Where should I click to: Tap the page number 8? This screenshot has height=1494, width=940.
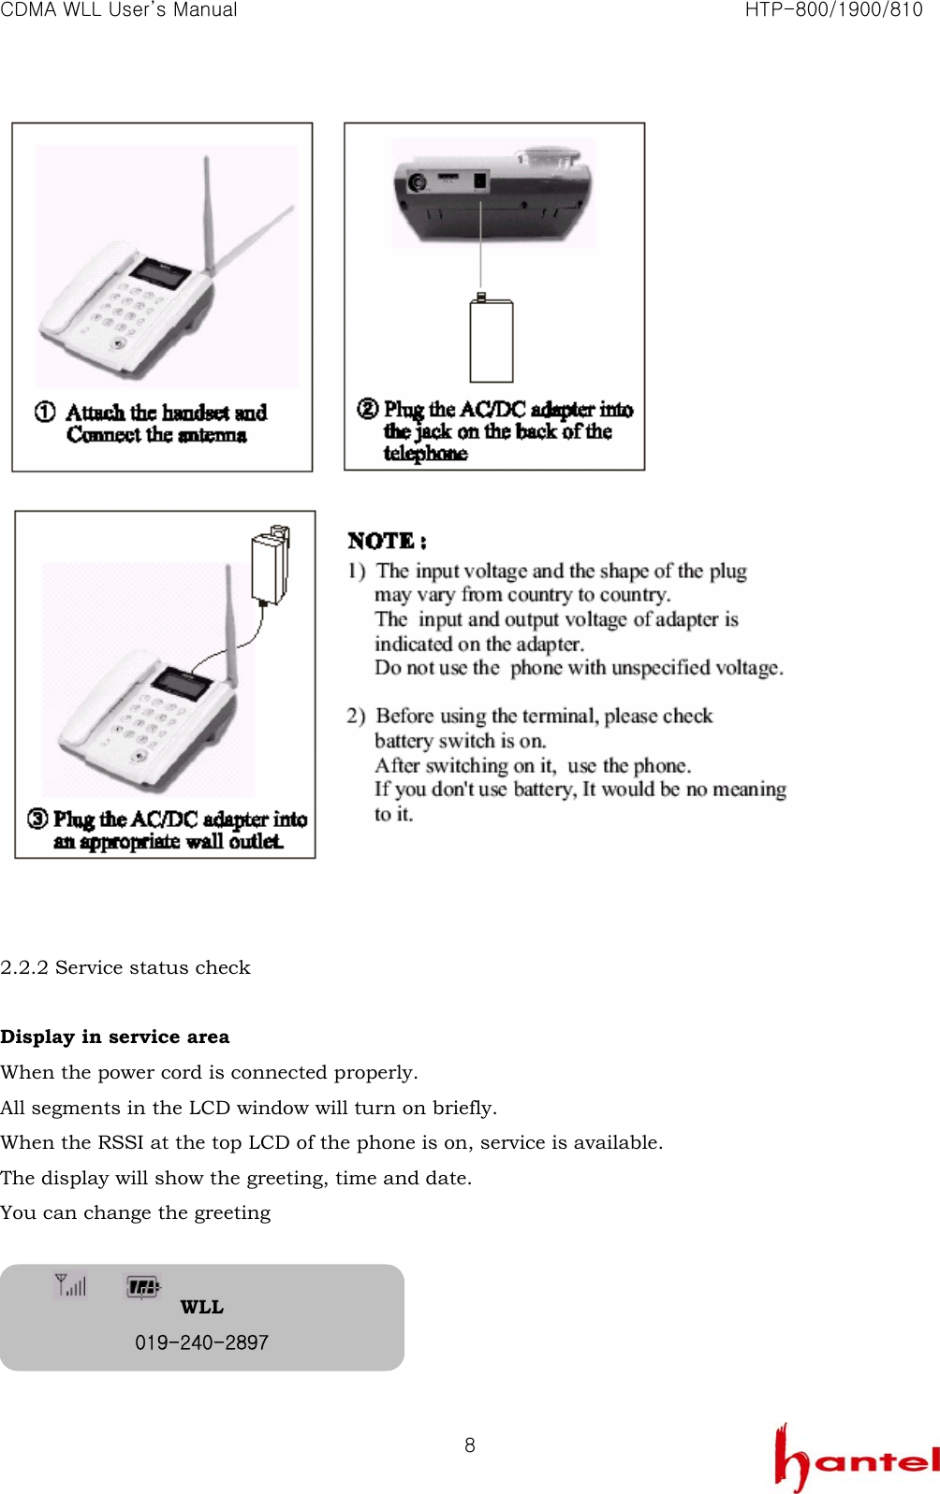coord(470,1445)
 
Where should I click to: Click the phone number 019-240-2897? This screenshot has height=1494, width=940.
coord(201,1342)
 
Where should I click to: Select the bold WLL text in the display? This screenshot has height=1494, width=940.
coord(201,1307)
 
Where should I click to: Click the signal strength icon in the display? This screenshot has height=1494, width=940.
coord(70,1285)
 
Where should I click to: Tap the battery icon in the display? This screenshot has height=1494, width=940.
coord(142,1287)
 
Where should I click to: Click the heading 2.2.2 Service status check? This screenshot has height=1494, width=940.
coord(125,967)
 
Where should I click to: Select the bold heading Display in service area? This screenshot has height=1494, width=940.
coord(114,1037)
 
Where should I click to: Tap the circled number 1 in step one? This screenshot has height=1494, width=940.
coord(45,413)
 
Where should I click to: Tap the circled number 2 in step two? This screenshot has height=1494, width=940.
coord(368,409)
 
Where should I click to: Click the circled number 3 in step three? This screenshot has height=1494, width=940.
coord(37,820)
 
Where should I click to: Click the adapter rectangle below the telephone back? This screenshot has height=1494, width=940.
coord(492,341)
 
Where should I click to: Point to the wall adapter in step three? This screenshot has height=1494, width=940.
coord(270,566)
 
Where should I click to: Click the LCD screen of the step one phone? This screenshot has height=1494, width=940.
coord(160,272)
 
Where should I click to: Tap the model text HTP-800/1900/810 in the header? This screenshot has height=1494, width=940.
coord(833,10)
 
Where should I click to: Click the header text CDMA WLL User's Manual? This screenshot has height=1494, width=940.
coord(119,10)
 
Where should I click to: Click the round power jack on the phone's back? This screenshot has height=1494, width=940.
coord(418,181)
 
